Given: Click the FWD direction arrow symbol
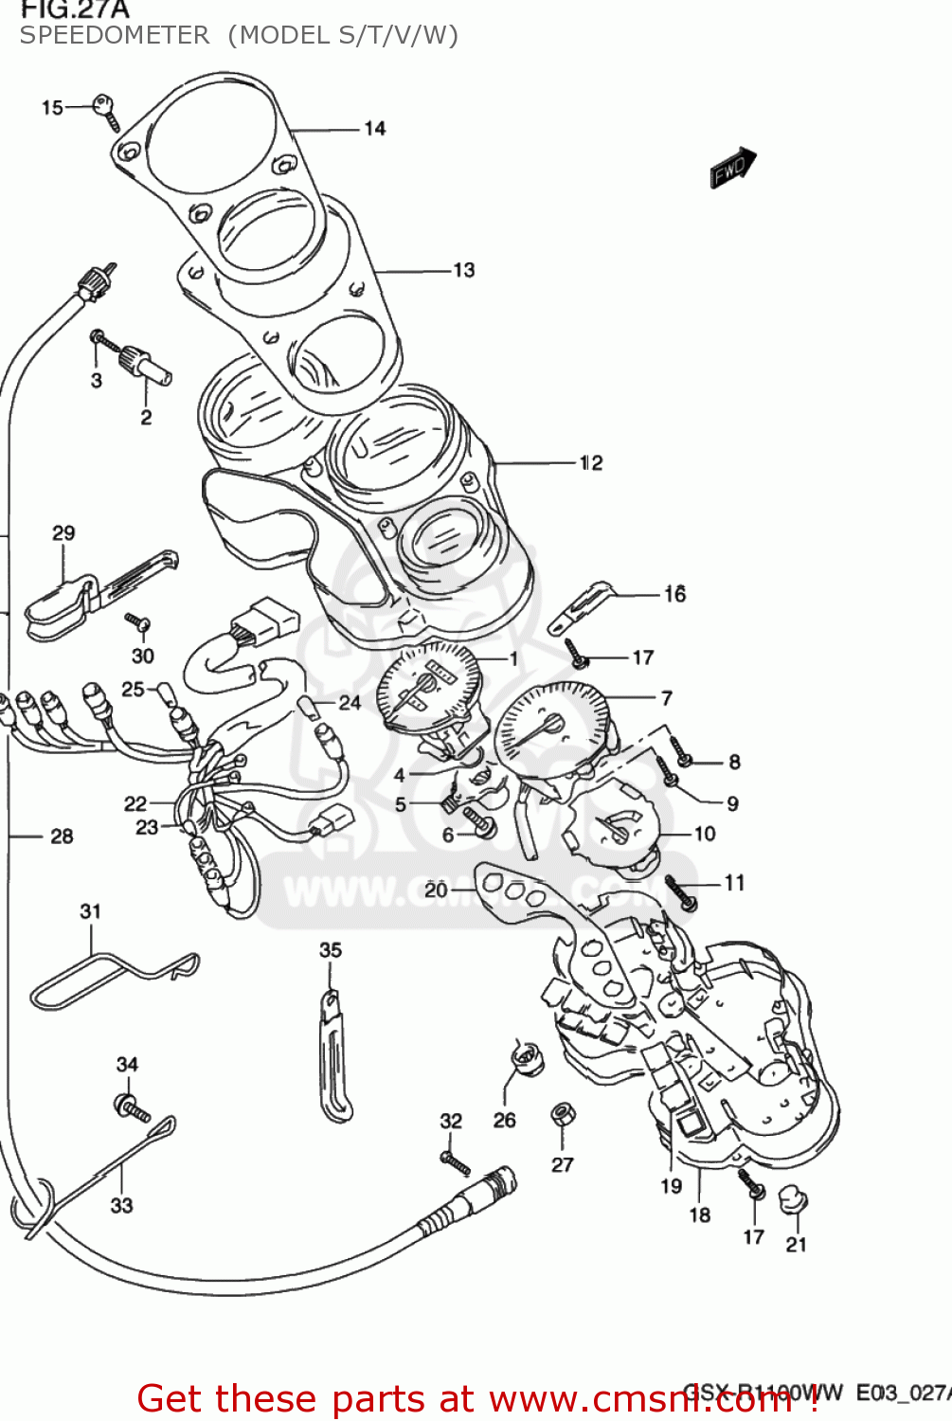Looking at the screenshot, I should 732,169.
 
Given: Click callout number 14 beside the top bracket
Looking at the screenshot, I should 375,129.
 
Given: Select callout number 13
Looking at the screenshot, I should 463,271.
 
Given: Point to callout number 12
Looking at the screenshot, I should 590,463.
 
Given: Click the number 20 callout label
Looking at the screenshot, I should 436,890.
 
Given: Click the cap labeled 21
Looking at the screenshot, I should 793,1201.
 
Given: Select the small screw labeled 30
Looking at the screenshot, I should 138,622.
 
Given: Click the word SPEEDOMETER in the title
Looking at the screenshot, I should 115,36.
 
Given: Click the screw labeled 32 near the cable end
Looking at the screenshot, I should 455,1161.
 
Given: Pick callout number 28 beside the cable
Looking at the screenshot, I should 62,836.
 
